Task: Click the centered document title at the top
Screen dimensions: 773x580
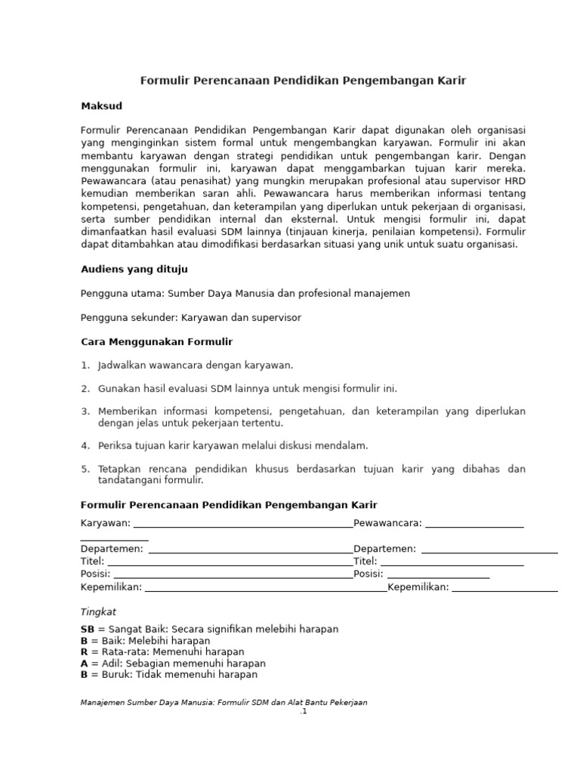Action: click(x=304, y=81)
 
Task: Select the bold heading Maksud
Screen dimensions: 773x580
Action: click(x=101, y=106)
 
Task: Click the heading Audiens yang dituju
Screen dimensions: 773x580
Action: click(x=134, y=269)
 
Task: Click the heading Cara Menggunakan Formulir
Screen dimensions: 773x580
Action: click(x=156, y=342)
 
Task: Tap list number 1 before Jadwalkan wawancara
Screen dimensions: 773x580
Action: click(x=85, y=365)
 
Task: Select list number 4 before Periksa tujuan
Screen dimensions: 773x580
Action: click(x=85, y=445)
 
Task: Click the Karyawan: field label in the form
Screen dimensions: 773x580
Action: click(x=106, y=524)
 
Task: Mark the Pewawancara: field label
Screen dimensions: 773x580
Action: click(x=387, y=524)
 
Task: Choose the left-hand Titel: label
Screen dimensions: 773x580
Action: click(x=93, y=562)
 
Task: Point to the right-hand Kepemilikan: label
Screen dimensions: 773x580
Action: click(x=418, y=587)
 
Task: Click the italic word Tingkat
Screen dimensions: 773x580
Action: click(x=98, y=612)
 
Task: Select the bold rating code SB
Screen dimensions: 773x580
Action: click(x=88, y=629)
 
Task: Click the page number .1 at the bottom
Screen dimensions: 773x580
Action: click(x=304, y=711)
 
